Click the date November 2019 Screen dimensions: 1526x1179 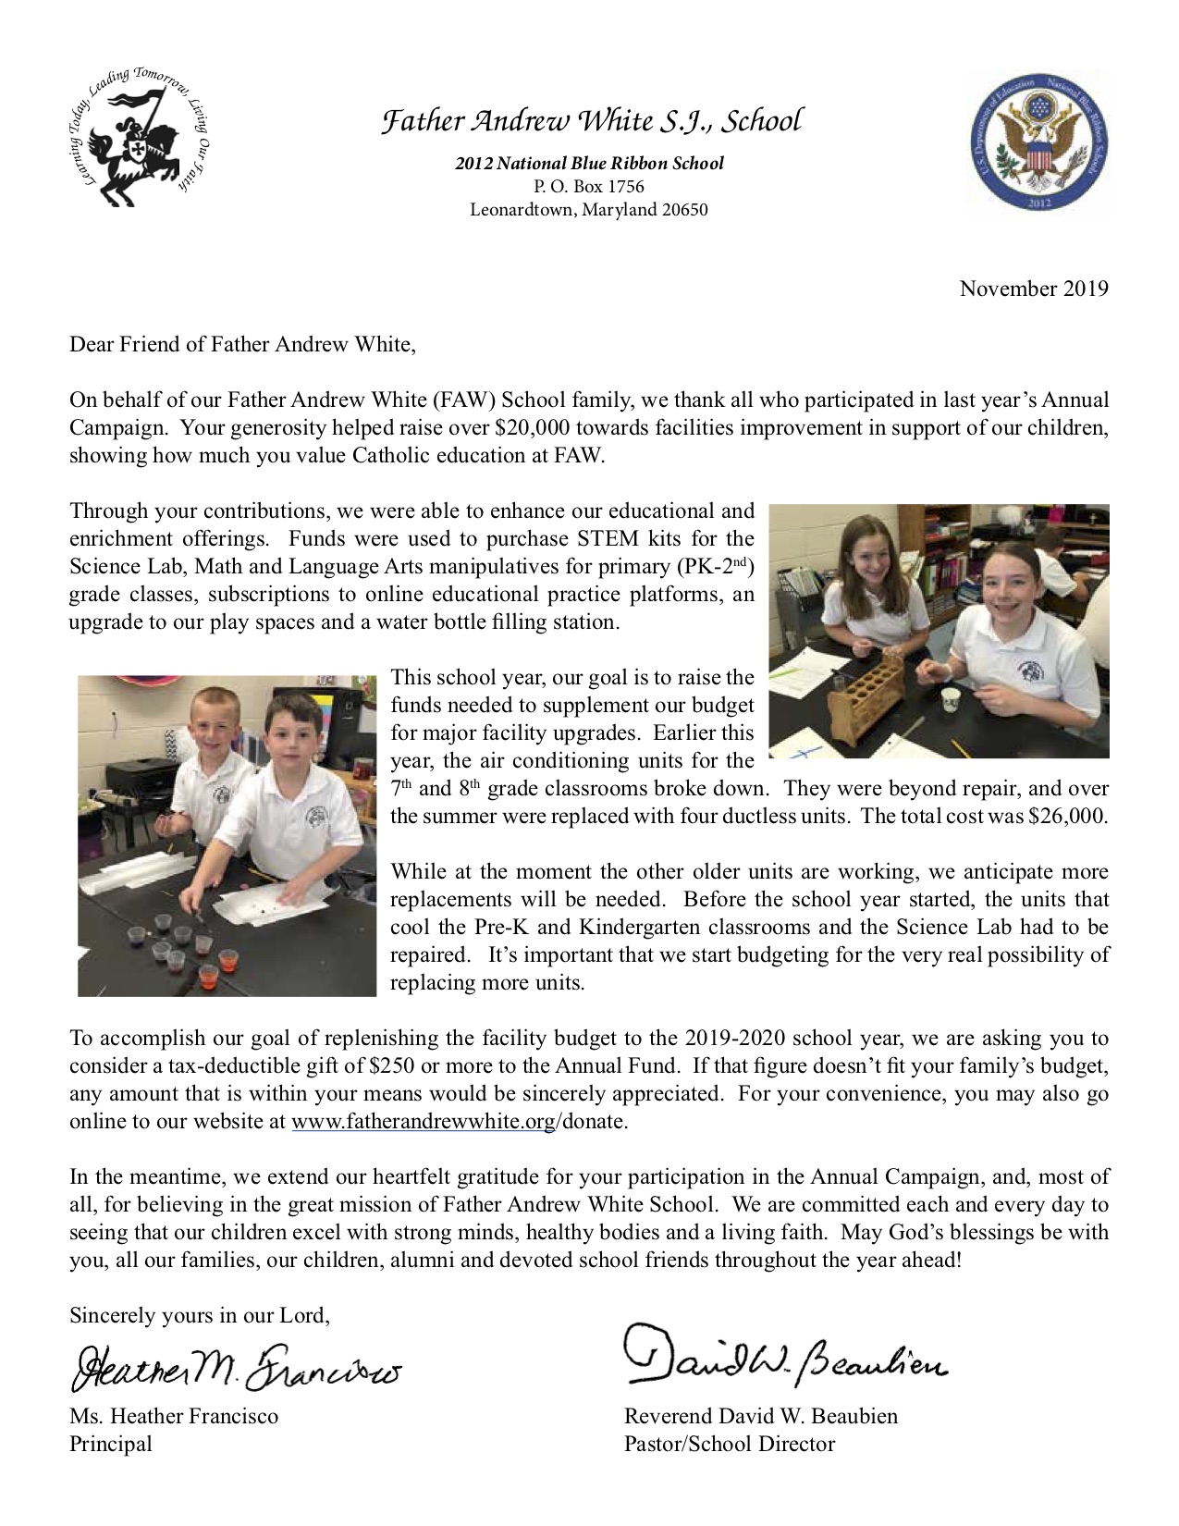tap(1033, 289)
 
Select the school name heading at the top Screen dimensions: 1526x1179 tap(592, 121)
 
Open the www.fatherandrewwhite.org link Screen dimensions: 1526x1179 tap(423, 1122)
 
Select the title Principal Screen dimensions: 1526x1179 tap(111, 1444)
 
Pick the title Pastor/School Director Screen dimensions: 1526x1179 tap(729, 1444)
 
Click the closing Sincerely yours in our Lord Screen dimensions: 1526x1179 tap(199, 1315)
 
